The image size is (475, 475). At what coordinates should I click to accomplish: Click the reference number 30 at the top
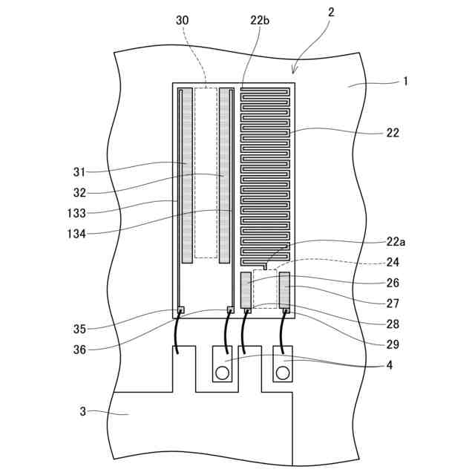pyautogui.click(x=183, y=20)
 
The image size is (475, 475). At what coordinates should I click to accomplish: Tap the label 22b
pyautogui.click(x=260, y=20)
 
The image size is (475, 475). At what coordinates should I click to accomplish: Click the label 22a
pyautogui.click(x=396, y=241)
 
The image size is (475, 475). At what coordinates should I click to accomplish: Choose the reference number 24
pyautogui.click(x=393, y=262)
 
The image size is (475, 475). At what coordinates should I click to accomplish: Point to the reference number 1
pyautogui.click(x=405, y=81)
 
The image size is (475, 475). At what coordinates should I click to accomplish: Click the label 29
pyautogui.click(x=393, y=344)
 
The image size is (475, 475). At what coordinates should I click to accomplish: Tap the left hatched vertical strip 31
pyautogui.click(x=187, y=174)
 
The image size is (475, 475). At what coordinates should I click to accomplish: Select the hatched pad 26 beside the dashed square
pyautogui.click(x=246, y=289)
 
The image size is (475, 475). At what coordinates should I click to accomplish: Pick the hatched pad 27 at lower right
pyautogui.click(x=284, y=289)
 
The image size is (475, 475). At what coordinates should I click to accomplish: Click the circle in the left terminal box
pyautogui.click(x=222, y=371)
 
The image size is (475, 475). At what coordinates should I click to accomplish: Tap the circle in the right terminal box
pyautogui.click(x=283, y=371)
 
